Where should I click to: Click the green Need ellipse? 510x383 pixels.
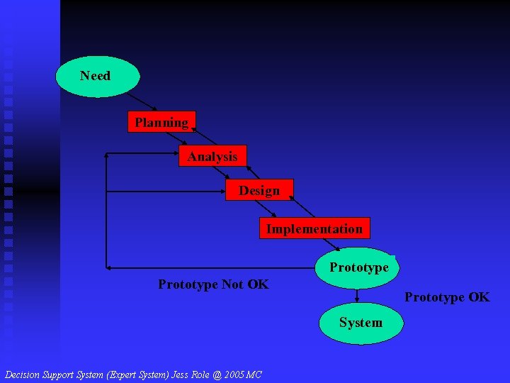[97, 76]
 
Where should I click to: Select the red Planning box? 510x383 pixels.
[161, 123]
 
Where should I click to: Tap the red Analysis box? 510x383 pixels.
[212, 157]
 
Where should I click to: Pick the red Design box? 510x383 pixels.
[259, 191]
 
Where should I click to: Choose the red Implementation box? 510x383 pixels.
[314, 228]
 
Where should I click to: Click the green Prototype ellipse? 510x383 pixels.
[358, 267]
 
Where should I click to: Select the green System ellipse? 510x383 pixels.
[360, 323]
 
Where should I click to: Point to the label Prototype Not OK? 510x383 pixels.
[213, 284]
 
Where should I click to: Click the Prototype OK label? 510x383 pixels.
[446, 297]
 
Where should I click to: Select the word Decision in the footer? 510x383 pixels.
[23, 374]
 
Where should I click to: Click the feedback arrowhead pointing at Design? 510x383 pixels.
[108, 191]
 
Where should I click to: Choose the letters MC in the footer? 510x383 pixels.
[254, 374]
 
